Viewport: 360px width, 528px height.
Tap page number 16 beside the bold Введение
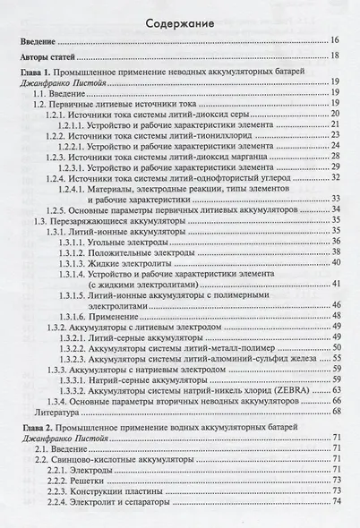pyautogui.click(x=333, y=40)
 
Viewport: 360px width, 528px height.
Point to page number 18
pyautogui.click(x=333, y=58)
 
